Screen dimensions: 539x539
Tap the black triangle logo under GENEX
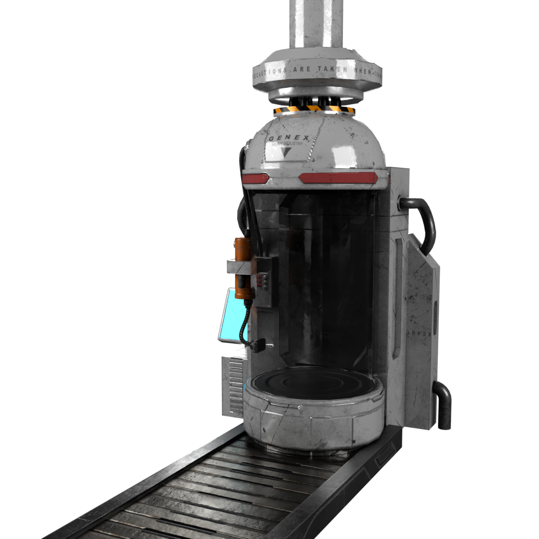tap(286, 152)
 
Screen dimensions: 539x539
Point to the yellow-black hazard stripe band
tap(314, 109)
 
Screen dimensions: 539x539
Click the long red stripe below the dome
tap(337, 177)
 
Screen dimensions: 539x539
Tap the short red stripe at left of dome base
tap(256, 178)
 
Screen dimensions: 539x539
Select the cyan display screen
tap(233, 316)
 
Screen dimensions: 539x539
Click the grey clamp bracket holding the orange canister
tap(239, 267)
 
